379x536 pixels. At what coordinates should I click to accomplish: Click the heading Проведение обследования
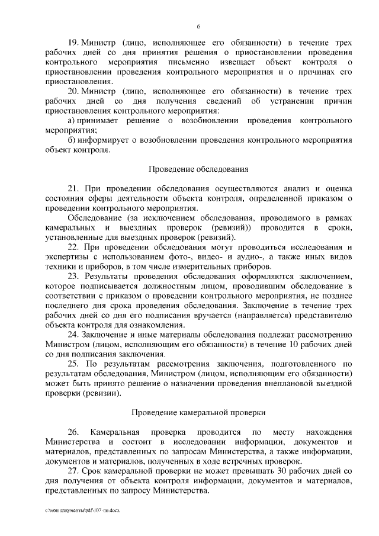pos(198,168)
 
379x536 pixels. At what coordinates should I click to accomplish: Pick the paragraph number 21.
pos(75,188)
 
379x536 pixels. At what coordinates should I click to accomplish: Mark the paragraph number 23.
pos(75,276)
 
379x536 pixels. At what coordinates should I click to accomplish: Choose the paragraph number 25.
pos(75,364)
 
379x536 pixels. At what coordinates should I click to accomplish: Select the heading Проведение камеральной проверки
pos(198,411)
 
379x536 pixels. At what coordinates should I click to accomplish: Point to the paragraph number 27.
pos(75,470)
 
